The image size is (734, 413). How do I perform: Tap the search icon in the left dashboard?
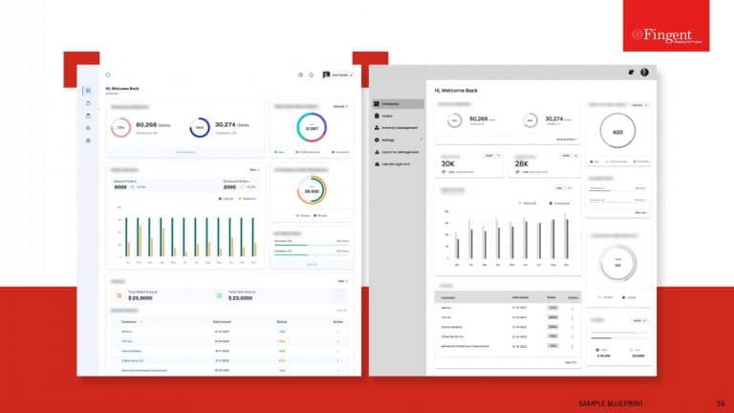[x=108, y=75]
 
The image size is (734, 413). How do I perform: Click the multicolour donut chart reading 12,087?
[x=311, y=129]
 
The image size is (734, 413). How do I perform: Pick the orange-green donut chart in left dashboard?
[x=311, y=192]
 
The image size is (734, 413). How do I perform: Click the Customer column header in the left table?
[x=130, y=321]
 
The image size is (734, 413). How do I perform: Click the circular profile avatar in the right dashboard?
[x=644, y=72]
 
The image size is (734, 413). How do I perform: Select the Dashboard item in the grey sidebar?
[x=399, y=103]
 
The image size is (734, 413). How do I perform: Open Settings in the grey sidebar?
[x=394, y=140]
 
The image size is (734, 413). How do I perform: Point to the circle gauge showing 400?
[x=617, y=131]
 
